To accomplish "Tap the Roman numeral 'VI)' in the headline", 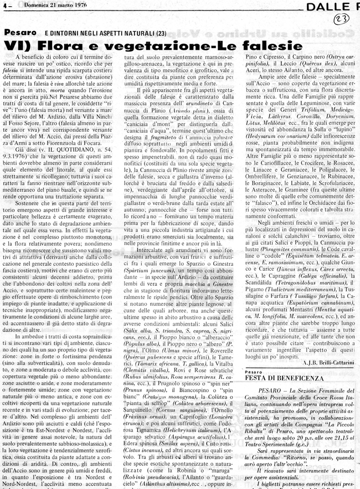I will [23, 45].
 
